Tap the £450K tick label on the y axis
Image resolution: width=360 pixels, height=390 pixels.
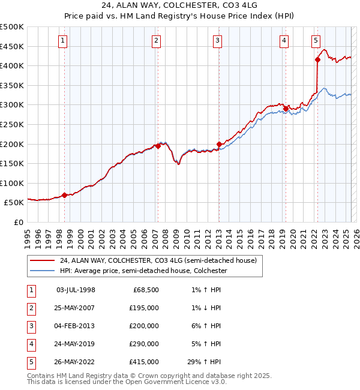pos(12,46)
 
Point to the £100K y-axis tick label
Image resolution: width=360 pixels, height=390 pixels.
pos(12,183)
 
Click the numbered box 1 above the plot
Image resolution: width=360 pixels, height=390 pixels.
pos(63,41)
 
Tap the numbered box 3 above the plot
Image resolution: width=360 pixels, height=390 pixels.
pos(217,41)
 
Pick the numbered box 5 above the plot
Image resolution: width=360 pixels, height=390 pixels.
pos(316,41)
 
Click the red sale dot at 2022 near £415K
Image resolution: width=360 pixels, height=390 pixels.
pos(317,59)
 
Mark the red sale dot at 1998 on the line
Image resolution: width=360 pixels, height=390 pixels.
pos(64,195)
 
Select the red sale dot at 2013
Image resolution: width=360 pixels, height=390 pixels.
pos(219,144)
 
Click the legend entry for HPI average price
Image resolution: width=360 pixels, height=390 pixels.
pos(141,271)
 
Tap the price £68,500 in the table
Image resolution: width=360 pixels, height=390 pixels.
pos(146,290)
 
